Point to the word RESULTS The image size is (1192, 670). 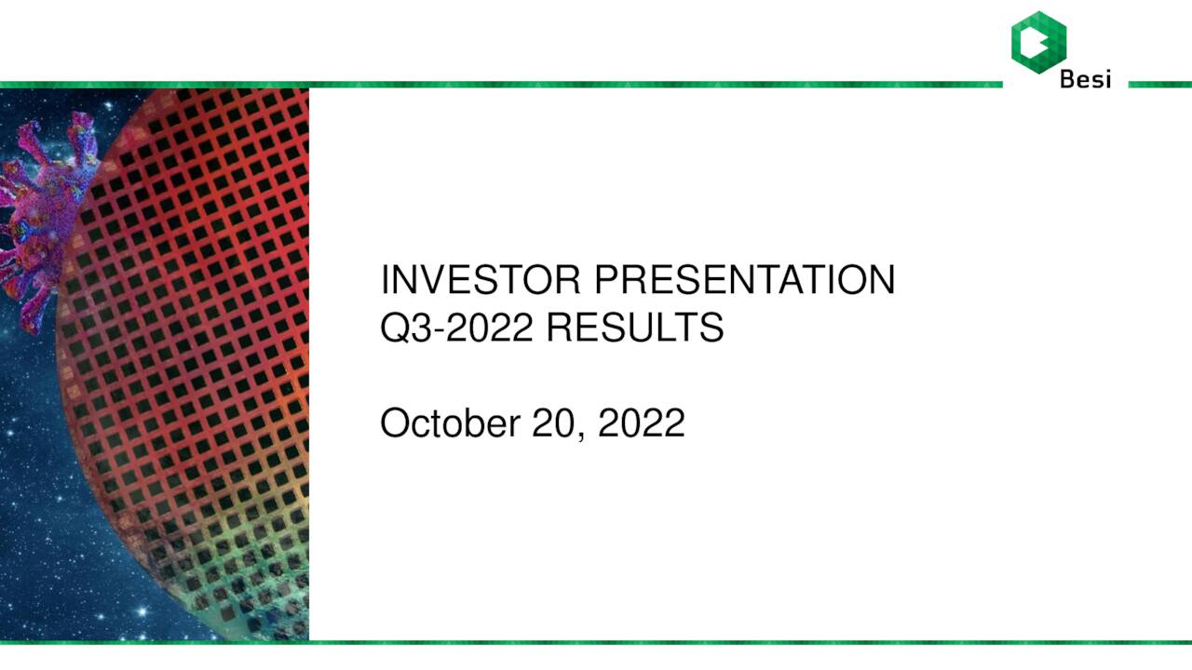(634, 328)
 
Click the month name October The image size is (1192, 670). (450, 423)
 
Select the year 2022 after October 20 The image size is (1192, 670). (641, 423)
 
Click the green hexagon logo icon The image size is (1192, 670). (1038, 40)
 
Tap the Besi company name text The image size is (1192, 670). (1085, 80)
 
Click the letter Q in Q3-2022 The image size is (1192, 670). (395, 328)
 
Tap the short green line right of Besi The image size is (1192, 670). (1159, 85)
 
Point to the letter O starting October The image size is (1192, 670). (395, 423)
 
